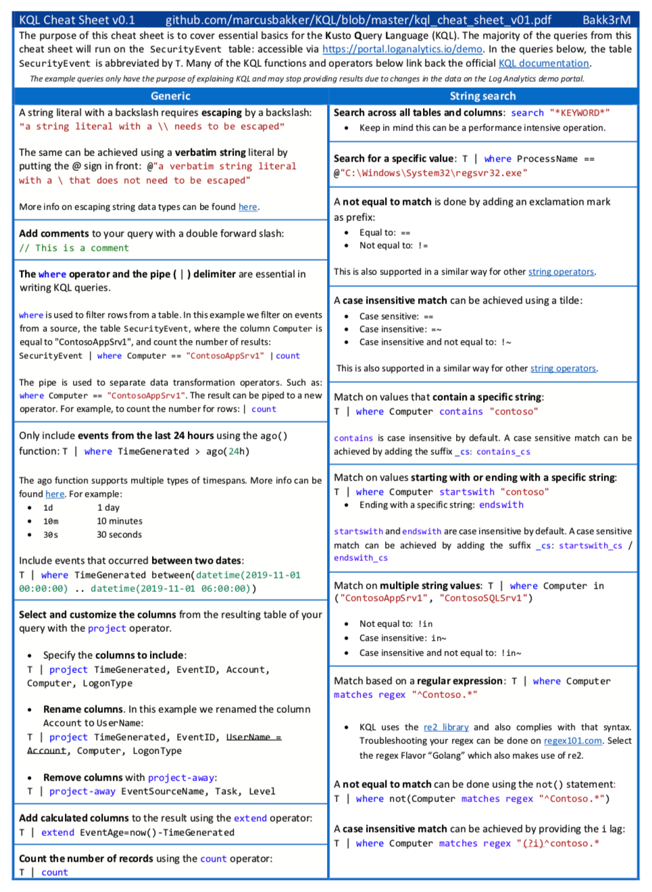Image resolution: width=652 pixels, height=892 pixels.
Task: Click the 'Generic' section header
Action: click(x=170, y=97)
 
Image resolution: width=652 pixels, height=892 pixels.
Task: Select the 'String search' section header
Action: click(x=482, y=97)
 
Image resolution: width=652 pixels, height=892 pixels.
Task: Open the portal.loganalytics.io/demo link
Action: click(x=402, y=49)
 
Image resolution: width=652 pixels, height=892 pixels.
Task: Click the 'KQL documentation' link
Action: click(x=544, y=64)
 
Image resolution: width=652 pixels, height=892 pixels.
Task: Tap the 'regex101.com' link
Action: click(x=573, y=741)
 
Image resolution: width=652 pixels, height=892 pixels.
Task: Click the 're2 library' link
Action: click(x=446, y=728)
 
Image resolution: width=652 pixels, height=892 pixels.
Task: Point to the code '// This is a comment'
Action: click(x=74, y=248)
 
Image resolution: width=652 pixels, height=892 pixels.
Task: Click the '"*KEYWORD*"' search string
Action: click(x=580, y=113)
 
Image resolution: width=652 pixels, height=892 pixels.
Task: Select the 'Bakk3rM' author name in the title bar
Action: click(x=606, y=20)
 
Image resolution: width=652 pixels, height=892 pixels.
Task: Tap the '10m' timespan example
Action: click(x=51, y=522)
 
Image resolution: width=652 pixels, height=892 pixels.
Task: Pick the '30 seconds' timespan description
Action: click(x=119, y=535)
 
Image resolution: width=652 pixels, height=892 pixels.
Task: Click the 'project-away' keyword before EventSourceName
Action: click(x=82, y=791)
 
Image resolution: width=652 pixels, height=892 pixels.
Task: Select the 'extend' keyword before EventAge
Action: click(x=57, y=833)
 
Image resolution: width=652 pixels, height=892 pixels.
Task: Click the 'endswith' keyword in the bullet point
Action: click(x=501, y=505)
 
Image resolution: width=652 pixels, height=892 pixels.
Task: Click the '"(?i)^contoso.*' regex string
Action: click(x=558, y=843)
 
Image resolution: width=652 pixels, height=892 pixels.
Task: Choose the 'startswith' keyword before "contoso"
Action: click(x=466, y=492)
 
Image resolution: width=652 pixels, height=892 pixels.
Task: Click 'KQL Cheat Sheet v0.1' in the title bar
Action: click(x=77, y=20)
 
